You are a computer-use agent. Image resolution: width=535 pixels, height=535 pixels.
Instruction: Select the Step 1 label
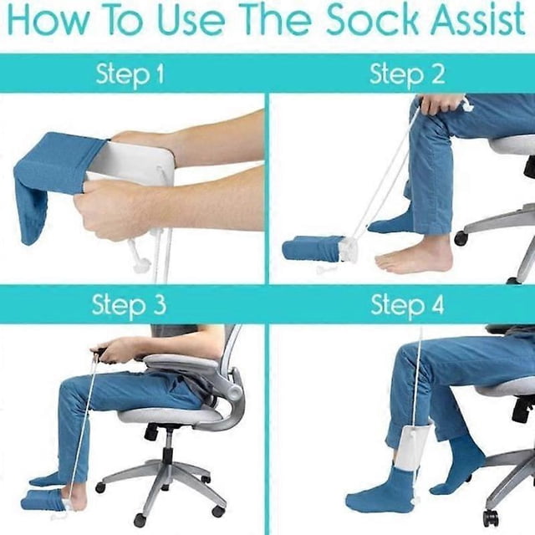tap(130, 74)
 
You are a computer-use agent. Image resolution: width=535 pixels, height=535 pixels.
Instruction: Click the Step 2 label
tap(407, 74)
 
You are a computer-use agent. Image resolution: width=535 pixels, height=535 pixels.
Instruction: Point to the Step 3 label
tap(129, 304)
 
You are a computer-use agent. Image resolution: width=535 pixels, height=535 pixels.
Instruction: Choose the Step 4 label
tap(407, 304)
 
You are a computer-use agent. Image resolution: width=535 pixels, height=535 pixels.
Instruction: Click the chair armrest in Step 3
tap(181, 362)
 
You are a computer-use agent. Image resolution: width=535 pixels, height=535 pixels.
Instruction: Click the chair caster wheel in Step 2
tap(461, 238)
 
